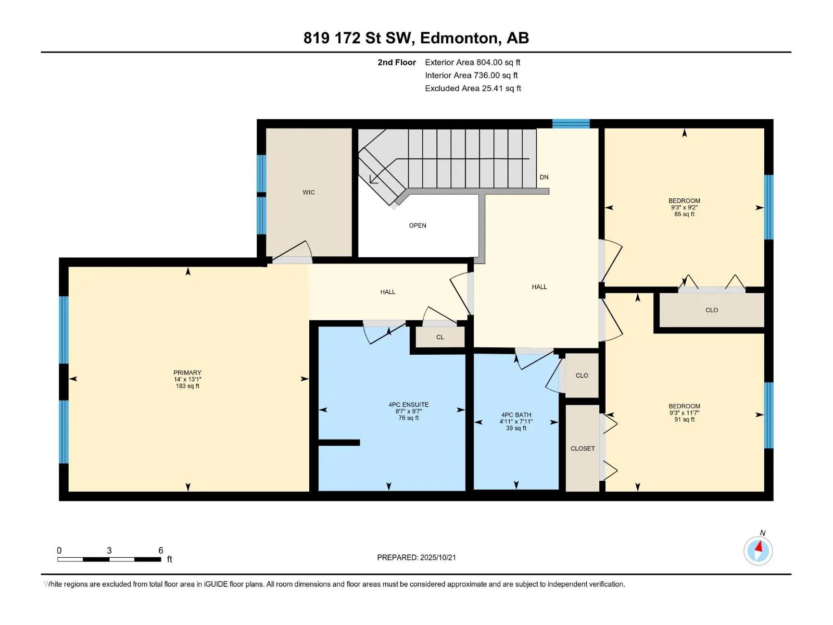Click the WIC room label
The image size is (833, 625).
[x=309, y=192]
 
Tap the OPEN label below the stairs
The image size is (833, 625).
[x=418, y=226]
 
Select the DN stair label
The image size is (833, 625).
[x=544, y=177]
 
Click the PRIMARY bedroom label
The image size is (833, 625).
[x=187, y=372]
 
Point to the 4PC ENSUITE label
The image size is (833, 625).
[x=408, y=405]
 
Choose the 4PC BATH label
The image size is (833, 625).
[x=516, y=415]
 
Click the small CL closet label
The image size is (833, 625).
[x=440, y=337]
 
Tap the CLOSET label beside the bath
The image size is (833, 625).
[x=583, y=448]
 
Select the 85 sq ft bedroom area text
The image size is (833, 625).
[x=684, y=214]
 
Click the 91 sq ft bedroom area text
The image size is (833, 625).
[x=684, y=419]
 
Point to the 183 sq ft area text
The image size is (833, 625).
[x=187, y=386]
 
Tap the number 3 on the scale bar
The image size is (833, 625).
[x=109, y=550]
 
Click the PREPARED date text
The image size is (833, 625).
[x=416, y=557]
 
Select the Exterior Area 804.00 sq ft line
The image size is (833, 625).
[x=473, y=62]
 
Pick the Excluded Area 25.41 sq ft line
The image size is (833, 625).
[x=473, y=89]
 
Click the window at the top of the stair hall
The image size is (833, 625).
[x=571, y=124]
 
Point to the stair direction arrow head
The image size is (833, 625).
[x=373, y=180]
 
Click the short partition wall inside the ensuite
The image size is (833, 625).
[x=339, y=443]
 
